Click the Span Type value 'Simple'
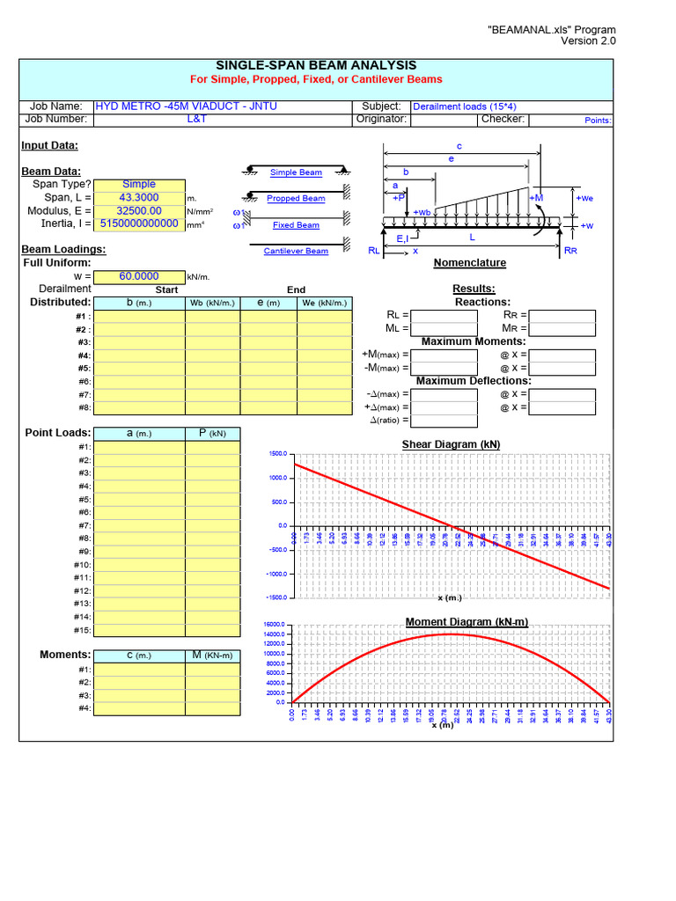coord(138,185)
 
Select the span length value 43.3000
coord(138,198)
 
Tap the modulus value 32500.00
coord(138,211)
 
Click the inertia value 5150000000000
coord(139,224)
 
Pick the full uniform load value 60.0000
coord(138,276)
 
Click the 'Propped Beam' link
coord(296,199)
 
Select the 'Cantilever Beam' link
coord(296,252)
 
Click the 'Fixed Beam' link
coord(296,225)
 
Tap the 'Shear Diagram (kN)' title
coord(451,444)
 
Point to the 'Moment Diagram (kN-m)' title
coord(467,622)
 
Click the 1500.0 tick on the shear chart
coord(278,453)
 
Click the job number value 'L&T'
coord(197,119)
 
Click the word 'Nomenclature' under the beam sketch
coord(469,263)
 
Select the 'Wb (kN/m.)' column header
coord(213,304)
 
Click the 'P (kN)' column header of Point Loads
coord(211,434)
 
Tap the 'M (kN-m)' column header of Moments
coord(211,656)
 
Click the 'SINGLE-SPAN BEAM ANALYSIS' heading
coord(316,66)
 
